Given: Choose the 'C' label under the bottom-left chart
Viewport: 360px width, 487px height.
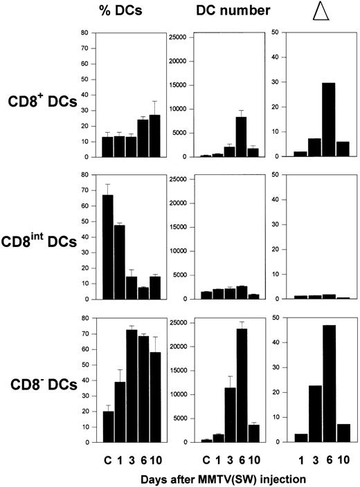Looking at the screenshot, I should coord(107,456).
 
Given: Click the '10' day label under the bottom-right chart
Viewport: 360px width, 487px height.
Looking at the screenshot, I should coord(336,456).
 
